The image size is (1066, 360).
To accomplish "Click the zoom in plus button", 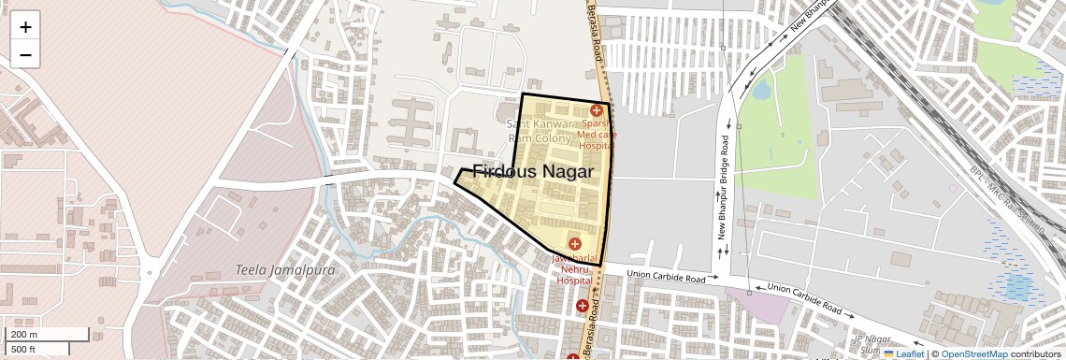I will coord(25,27).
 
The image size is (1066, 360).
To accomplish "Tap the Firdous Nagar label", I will coord(534,172).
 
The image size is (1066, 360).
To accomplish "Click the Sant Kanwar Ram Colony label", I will coord(539,131).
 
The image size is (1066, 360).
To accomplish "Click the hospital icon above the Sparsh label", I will coord(596,110).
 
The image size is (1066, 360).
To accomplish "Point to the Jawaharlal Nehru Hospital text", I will coord(574,267).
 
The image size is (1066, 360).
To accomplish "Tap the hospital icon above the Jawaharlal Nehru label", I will coord(574,244).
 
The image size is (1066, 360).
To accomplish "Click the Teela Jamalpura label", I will coord(272,269).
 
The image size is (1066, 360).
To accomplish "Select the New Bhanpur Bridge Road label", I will coord(724,197).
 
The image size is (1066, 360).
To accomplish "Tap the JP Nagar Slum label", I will coord(870,343).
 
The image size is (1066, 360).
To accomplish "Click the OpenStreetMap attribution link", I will coord(973,353).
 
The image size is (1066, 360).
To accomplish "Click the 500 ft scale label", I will coord(24,349).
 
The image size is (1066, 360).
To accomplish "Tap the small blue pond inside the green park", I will coord(761,91).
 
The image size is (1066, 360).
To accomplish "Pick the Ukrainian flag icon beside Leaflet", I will coord(889,353).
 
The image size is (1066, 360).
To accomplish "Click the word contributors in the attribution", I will coord(1035,353).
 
